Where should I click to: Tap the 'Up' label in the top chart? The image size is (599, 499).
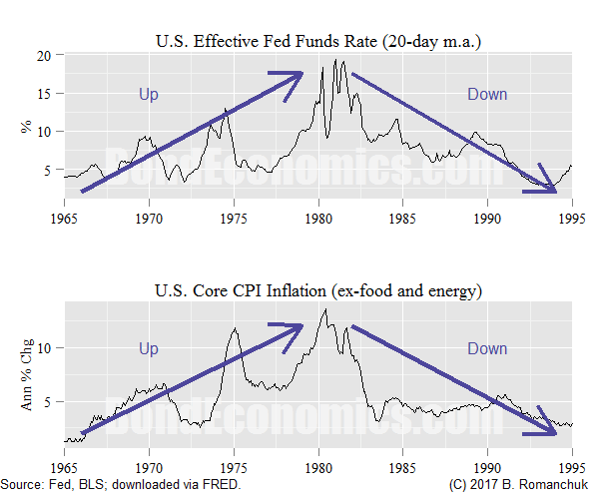coord(149,94)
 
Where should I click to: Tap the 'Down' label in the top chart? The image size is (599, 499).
coord(487,94)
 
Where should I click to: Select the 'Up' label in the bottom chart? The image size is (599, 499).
coord(149,348)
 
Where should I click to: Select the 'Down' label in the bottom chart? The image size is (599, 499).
coord(487,348)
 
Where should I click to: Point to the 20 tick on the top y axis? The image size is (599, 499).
coord(43,56)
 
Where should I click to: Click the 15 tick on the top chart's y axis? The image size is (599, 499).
coord(43,94)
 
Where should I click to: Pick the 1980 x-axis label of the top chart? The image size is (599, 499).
coord(318,216)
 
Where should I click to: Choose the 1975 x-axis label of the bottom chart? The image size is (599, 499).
coord(234,467)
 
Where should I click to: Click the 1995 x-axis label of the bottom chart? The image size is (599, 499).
coord(572,467)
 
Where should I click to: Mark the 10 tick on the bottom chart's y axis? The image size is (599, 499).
coord(43,347)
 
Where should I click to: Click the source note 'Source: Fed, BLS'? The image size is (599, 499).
coord(120,485)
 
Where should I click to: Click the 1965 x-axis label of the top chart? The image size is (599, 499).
coord(65,216)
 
